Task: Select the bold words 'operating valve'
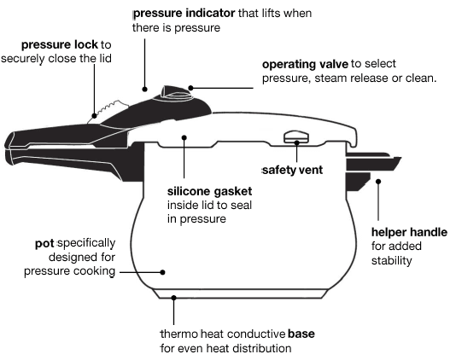303,64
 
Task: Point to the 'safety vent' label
292,170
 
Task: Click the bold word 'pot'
40,243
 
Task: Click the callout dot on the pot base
175,298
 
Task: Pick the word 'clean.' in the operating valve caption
419,78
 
